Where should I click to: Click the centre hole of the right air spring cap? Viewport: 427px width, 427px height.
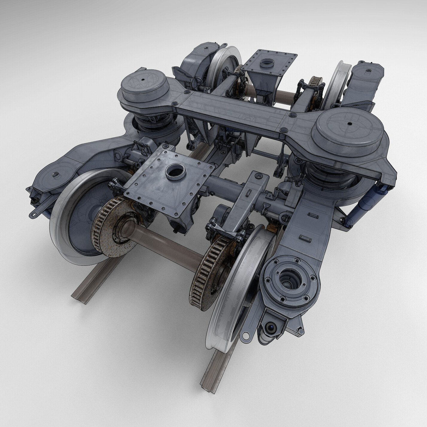[x=349, y=124]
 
